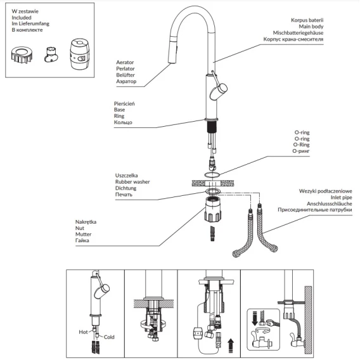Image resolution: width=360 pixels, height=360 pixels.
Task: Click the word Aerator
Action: tap(125, 62)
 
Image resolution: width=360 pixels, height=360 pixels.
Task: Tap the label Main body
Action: tap(311, 27)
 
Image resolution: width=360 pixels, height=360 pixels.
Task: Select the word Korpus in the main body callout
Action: tap(299, 20)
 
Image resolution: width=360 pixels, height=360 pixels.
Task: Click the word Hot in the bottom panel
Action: tap(83, 332)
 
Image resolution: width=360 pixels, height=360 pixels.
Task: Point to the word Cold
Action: tap(109, 337)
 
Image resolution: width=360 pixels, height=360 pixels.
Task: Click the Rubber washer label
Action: tap(132, 182)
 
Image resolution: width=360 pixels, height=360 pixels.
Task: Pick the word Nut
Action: tap(80, 228)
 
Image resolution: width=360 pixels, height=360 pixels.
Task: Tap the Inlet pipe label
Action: tap(341, 198)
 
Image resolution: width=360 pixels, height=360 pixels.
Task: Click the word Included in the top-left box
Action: tap(22, 18)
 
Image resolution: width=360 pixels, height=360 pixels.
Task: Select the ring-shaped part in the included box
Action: tap(22, 55)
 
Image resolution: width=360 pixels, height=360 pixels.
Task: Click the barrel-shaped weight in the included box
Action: tap(79, 54)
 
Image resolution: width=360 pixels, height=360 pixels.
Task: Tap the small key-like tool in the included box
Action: tap(51, 55)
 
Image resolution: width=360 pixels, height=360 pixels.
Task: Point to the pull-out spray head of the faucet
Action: tap(174, 49)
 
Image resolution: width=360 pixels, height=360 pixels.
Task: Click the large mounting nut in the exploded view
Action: tap(213, 209)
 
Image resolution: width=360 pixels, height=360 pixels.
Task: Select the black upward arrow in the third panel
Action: tap(231, 345)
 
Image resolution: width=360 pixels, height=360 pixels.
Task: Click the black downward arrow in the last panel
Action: tap(255, 318)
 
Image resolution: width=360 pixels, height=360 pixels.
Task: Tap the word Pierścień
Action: tap(124, 104)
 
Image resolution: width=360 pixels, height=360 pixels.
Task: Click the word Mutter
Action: tap(83, 235)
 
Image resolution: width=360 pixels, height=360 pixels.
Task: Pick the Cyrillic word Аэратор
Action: tap(126, 81)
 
